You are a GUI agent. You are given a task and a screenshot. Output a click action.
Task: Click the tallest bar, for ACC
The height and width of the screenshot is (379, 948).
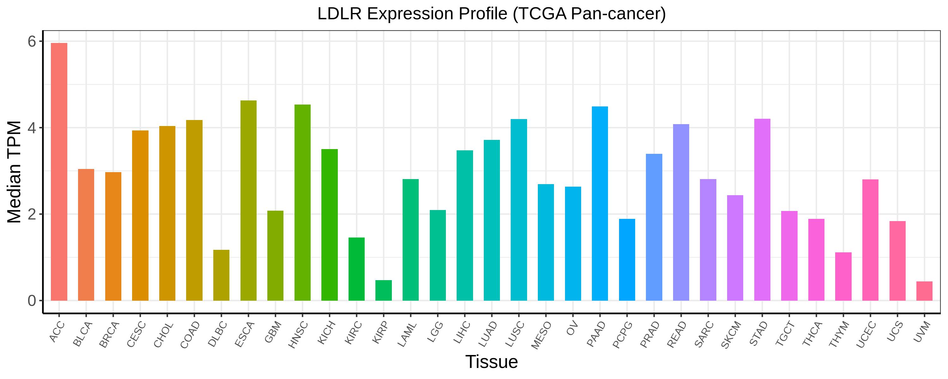pos(59,171)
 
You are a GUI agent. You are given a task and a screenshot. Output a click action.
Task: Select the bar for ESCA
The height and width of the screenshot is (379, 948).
pos(248,201)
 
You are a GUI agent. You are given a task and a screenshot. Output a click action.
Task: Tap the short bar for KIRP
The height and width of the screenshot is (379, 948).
pos(384,290)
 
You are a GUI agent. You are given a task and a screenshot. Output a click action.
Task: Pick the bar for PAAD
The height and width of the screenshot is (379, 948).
pos(600,203)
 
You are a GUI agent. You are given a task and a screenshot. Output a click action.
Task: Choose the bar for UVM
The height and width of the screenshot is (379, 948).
pos(924,291)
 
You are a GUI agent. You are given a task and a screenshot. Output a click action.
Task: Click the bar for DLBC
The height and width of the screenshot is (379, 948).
pos(221,275)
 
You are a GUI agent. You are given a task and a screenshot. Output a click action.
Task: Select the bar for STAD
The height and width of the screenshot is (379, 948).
pos(762,210)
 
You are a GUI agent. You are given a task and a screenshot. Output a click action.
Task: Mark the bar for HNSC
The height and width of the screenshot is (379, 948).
pos(302,203)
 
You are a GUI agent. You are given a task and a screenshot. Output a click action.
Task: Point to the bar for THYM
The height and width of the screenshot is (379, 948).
pos(843,276)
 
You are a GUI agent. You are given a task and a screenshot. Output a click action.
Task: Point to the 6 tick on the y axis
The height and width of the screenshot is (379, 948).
pos(32,42)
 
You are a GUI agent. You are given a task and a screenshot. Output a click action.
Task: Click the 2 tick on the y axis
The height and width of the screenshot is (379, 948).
pos(32,214)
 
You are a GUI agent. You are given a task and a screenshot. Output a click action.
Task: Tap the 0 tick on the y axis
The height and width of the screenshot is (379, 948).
pos(32,301)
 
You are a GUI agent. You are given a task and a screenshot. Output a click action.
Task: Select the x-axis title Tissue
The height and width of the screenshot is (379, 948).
pos(491,362)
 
